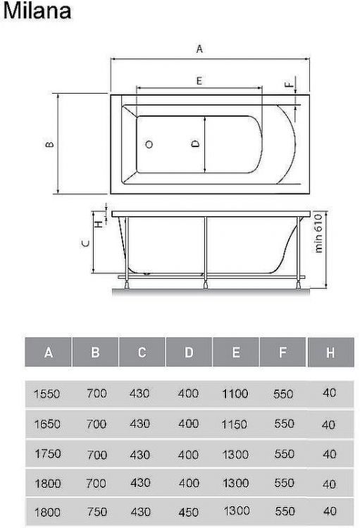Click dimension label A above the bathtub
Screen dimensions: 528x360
(200, 49)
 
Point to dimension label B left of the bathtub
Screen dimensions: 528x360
(48, 145)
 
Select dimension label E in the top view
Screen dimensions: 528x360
(199, 81)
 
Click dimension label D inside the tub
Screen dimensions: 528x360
(197, 143)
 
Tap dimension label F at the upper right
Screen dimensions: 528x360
(288, 84)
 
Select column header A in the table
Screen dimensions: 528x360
(48, 353)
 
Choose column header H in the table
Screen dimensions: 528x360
(330, 353)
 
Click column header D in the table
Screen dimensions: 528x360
(189, 353)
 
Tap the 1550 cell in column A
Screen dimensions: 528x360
(47, 394)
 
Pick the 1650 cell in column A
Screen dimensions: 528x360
(47, 425)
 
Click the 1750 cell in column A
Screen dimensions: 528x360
(47, 454)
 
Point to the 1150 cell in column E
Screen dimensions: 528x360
(235, 425)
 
